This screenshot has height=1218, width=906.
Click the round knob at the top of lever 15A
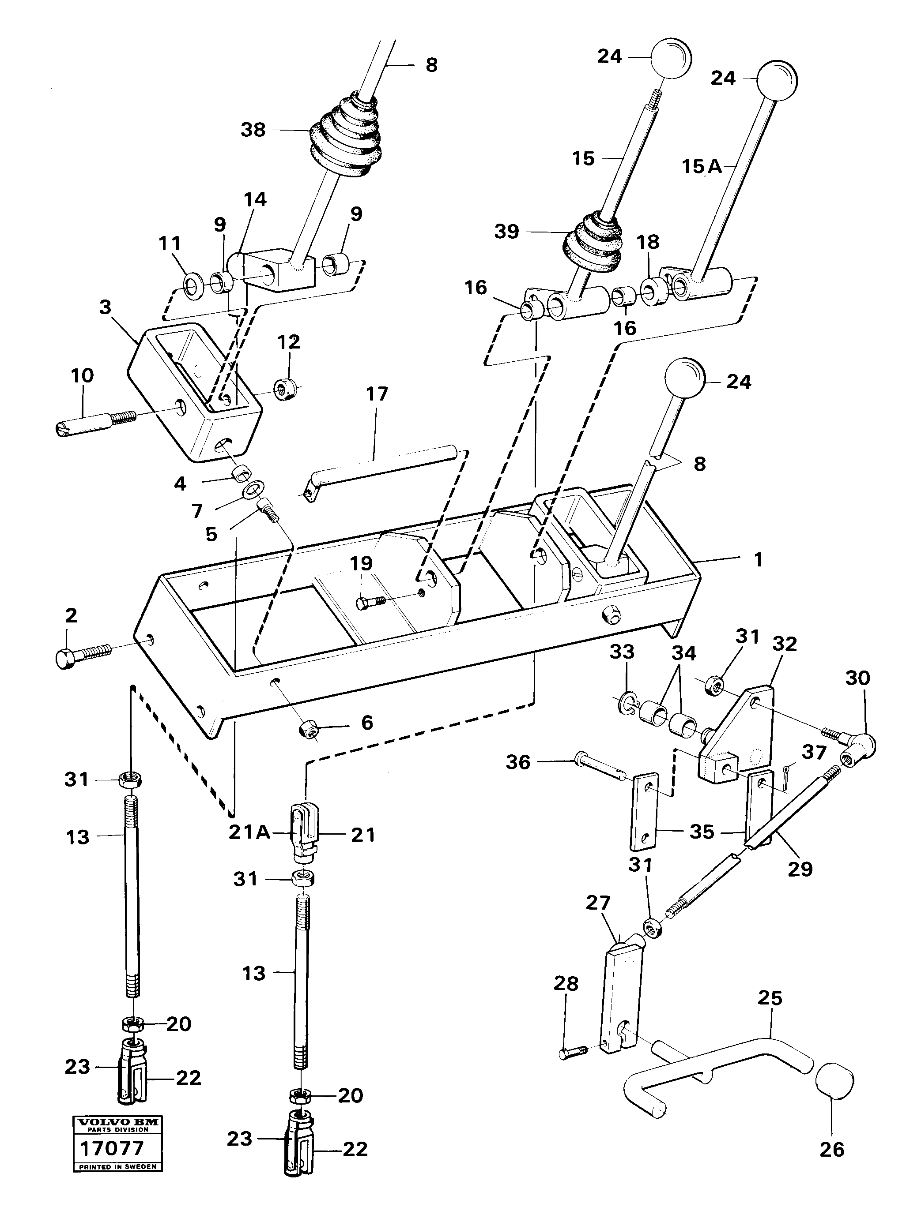pyautogui.click(x=777, y=80)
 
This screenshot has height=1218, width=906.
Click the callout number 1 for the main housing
pyautogui.click(x=759, y=560)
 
